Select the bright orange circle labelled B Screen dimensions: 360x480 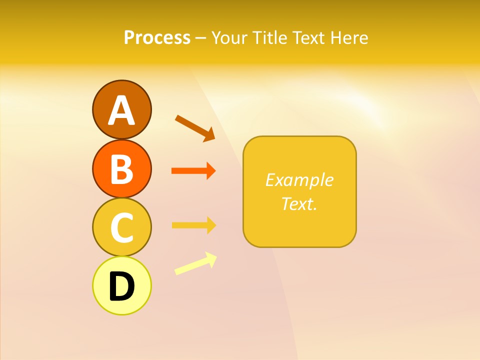click(121, 169)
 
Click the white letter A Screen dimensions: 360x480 click(121, 111)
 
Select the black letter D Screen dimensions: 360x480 click(121, 286)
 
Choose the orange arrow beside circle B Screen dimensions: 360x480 click(193, 171)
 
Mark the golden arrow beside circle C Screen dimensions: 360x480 click(193, 225)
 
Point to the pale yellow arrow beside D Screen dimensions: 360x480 click(195, 263)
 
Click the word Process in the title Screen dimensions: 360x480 click(157, 37)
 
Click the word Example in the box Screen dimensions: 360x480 click(299, 180)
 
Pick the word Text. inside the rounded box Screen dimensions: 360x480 click(299, 204)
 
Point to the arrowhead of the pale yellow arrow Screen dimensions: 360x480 click(211, 258)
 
